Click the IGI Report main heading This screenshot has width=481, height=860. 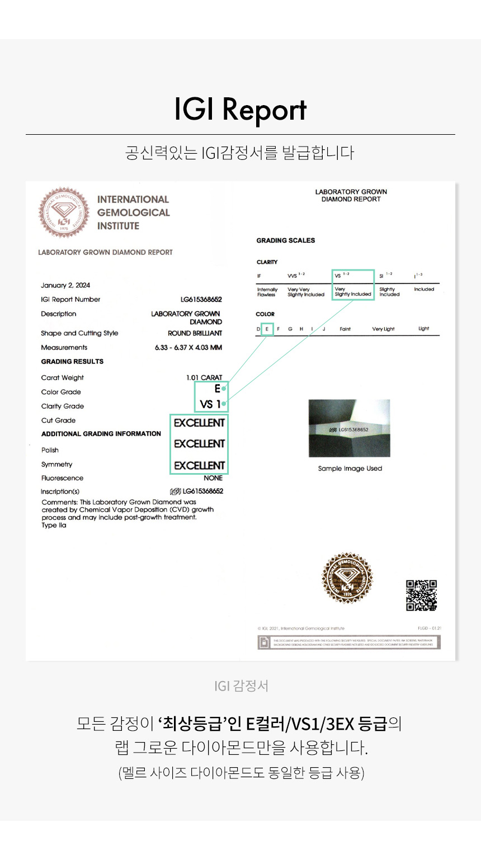click(x=240, y=109)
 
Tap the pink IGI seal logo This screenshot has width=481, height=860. click(x=63, y=212)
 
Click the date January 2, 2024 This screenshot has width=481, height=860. click(x=65, y=285)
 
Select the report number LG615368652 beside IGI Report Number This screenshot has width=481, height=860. click(x=201, y=300)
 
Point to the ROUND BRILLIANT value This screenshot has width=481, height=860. click(x=195, y=333)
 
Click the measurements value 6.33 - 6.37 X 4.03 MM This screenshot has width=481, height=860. click(x=188, y=348)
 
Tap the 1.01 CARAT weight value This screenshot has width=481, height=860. click(x=204, y=378)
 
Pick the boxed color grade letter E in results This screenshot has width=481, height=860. click(x=217, y=389)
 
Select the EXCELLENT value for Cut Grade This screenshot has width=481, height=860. click(x=199, y=423)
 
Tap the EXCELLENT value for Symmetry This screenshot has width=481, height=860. click(x=199, y=466)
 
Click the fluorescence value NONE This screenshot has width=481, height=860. click(x=213, y=479)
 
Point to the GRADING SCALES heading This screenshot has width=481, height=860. click(x=285, y=240)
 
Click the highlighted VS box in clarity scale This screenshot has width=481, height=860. click(x=352, y=285)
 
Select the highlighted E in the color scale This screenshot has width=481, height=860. click(x=267, y=329)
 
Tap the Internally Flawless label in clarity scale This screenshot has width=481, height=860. click(x=267, y=292)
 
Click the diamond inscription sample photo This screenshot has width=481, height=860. click(x=349, y=428)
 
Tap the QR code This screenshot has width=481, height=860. click(x=421, y=596)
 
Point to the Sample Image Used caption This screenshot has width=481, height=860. click(x=350, y=469)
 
